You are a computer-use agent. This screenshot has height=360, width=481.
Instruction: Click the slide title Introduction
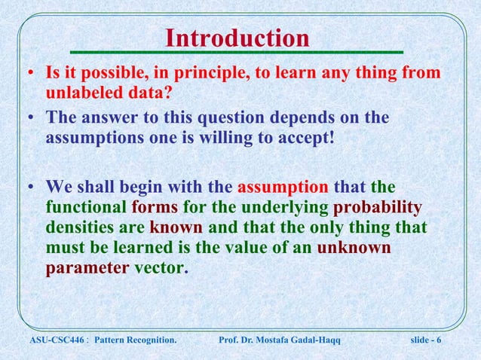tap(237, 38)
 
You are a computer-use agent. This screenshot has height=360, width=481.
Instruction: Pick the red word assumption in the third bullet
tap(283, 187)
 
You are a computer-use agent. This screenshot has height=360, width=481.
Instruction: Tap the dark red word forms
tap(155, 207)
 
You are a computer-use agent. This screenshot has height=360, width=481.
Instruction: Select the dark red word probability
tap(378, 207)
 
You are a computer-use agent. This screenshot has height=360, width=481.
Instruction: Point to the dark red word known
tap(176, 227)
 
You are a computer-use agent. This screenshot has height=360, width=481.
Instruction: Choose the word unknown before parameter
tap(354, 247)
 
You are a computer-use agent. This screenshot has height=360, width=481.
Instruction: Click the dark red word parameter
tap(87, 267)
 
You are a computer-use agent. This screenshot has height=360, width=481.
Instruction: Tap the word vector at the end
tap(158, 267)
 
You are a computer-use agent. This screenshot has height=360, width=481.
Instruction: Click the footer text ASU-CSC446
tap(49, 343)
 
